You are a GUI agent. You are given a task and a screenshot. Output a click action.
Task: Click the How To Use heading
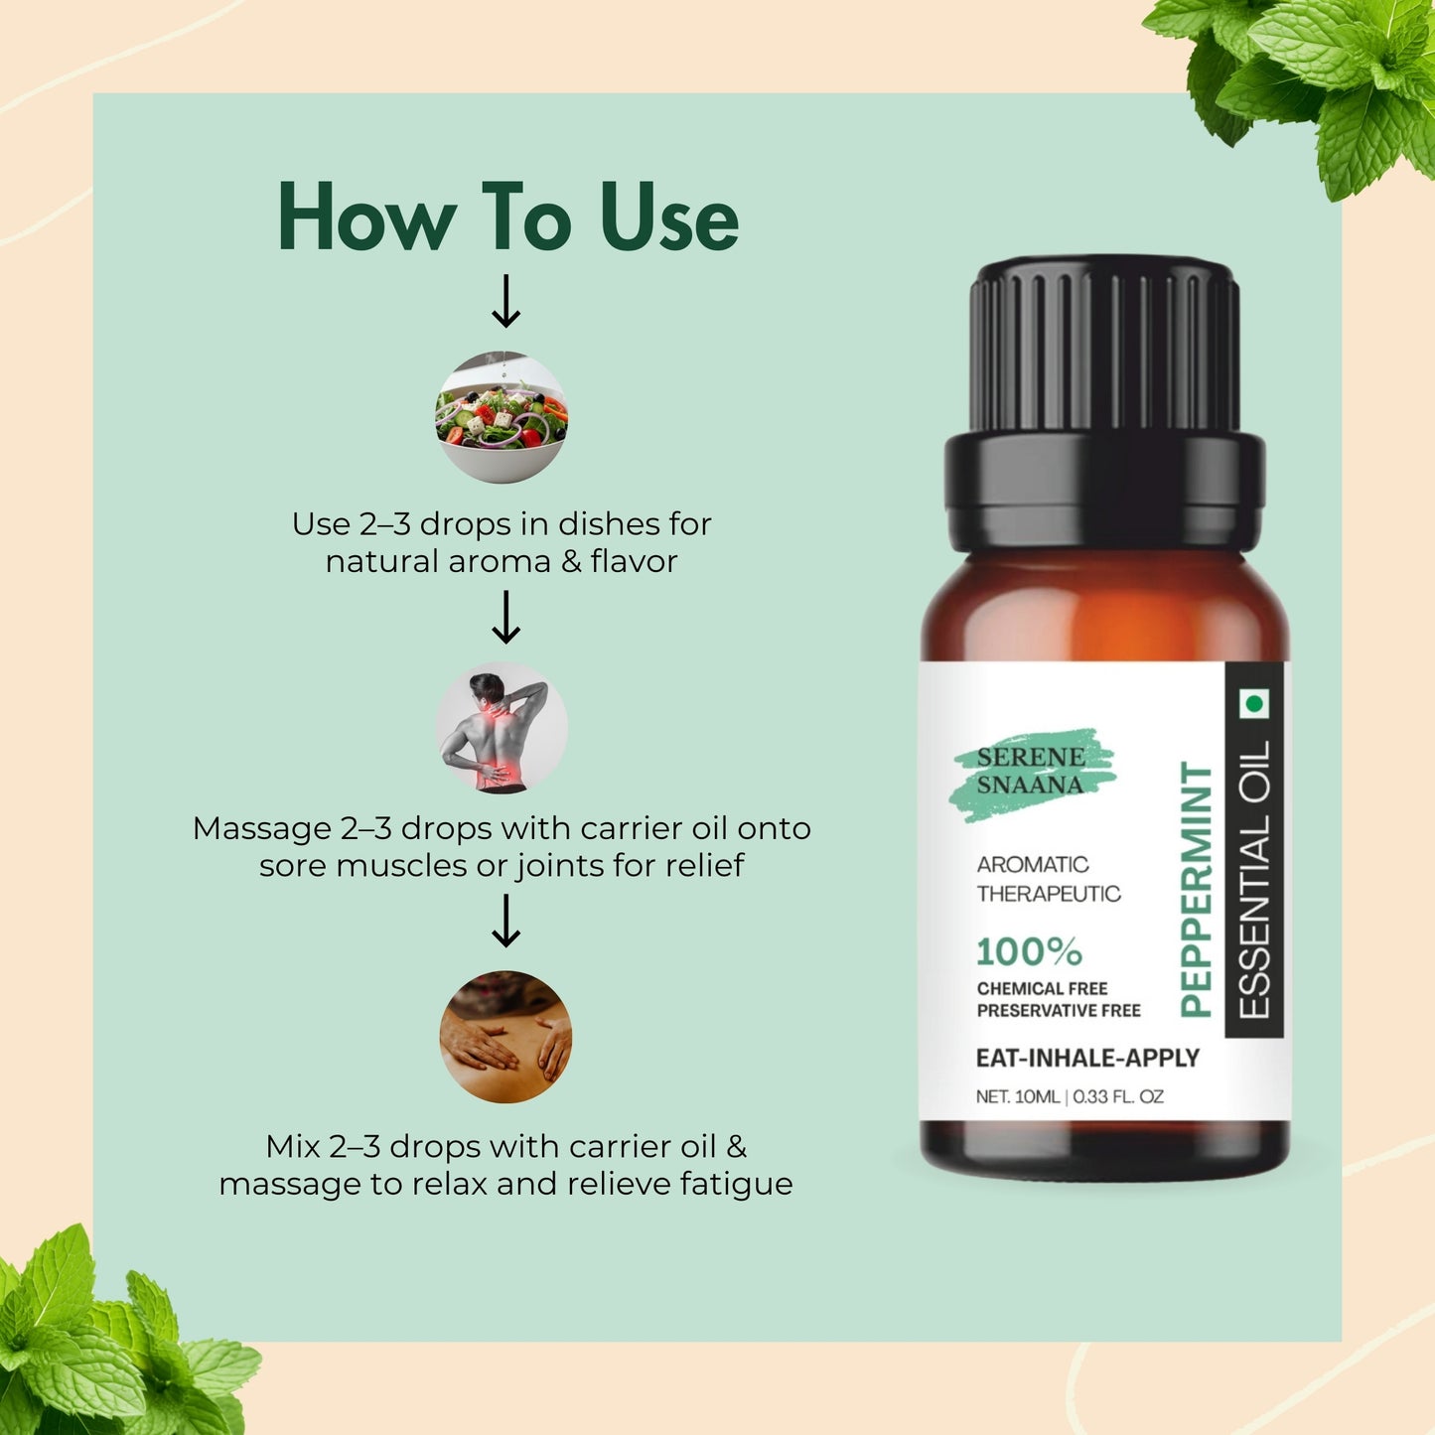tap(507, 216)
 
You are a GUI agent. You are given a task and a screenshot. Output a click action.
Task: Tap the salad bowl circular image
tap(502, 417)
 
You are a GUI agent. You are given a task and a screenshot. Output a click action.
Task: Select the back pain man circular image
tap(502, 728)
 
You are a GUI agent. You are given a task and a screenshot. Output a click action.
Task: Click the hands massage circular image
tap(505, 1036)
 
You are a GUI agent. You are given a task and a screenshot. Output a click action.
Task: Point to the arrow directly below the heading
tap(506, 302)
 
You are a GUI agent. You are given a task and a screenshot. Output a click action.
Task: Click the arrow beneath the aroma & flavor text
tap(506, 618)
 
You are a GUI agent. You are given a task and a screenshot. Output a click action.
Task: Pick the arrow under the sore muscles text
tap(506, 922)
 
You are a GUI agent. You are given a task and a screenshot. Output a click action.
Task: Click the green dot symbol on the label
tap(1254, 704)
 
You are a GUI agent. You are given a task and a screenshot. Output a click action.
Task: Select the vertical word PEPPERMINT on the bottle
tap(1197, 890)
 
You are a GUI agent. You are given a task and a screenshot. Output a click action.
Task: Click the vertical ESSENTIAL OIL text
tap(1255, 880)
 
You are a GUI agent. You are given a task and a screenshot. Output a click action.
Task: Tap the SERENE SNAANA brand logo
tap(1031, 772)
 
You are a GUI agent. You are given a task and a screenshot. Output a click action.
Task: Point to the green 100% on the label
tap(1029, 951)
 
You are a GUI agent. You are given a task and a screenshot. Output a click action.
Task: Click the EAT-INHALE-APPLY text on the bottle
tap(1087, 1058)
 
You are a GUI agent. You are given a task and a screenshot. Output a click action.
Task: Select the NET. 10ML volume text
tap(1018, 1096)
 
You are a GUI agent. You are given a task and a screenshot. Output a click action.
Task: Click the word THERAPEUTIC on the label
tap(1049, 894)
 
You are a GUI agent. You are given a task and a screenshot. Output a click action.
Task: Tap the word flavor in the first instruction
tap(634, 561)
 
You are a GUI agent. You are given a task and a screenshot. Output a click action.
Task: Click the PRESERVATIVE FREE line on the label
tap(1059, 1011)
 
